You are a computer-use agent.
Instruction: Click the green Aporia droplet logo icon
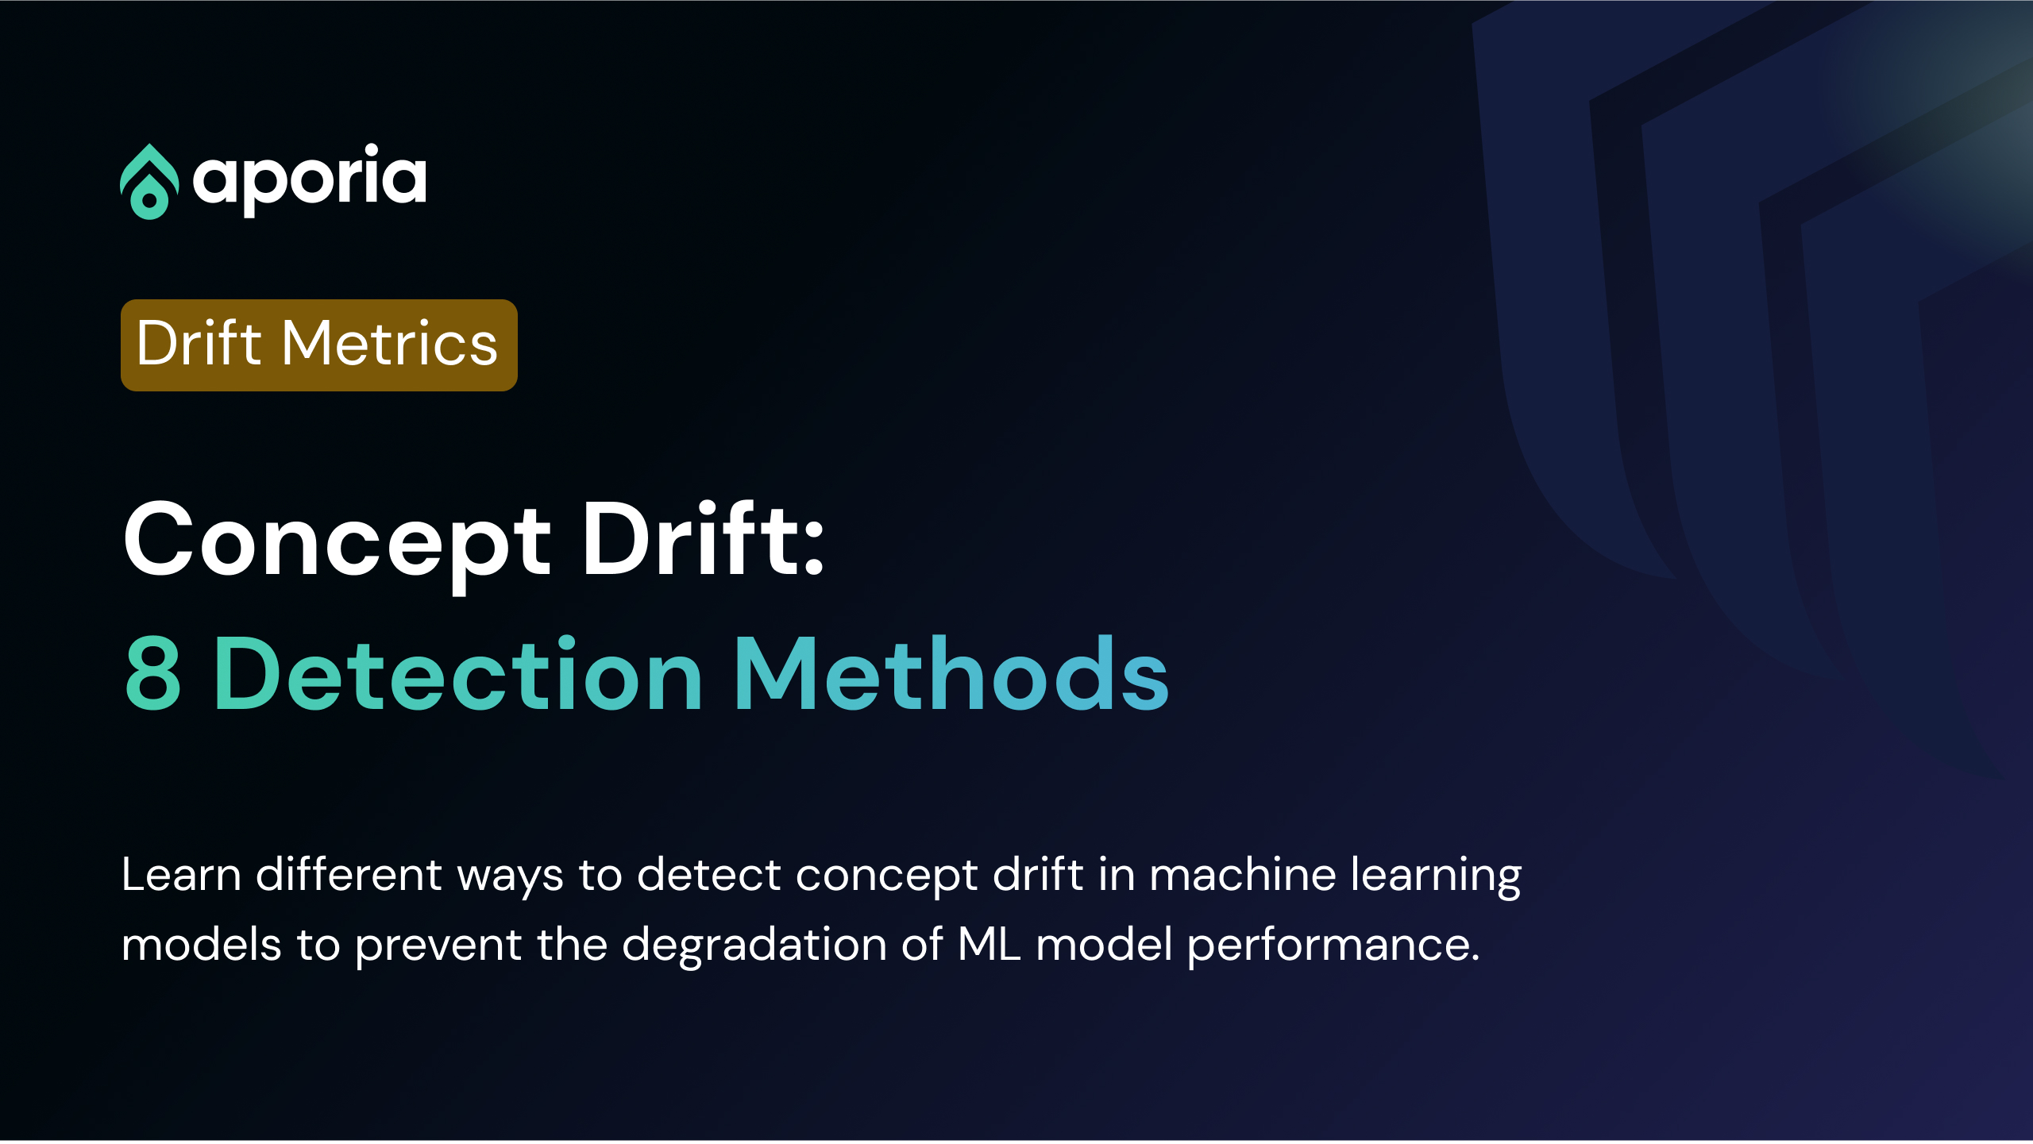(149, 182)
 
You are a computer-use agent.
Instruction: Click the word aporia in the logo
(310, 179)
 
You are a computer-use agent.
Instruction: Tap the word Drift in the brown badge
(199, 343)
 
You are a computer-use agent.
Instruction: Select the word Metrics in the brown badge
(390, 343)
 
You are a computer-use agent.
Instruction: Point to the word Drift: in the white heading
(704, 538)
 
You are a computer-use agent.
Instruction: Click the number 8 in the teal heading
(153, 674)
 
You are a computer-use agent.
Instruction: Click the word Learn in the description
(181, 875)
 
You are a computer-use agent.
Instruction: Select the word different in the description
(349, 874)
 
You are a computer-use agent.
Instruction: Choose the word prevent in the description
(438, 947)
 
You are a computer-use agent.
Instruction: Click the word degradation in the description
(754, 946)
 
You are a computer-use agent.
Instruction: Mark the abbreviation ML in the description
(989, 944)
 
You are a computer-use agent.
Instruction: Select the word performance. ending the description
(1333, 947)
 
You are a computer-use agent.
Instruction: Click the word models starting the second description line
(202, 945)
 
